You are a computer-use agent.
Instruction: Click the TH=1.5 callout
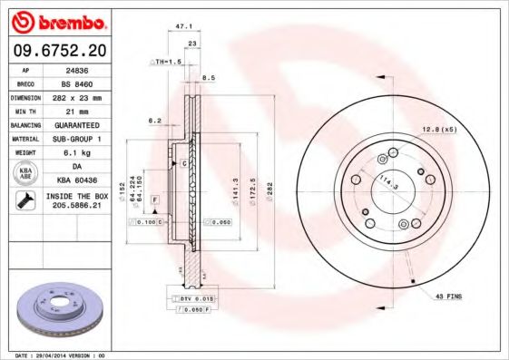[167, 61]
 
